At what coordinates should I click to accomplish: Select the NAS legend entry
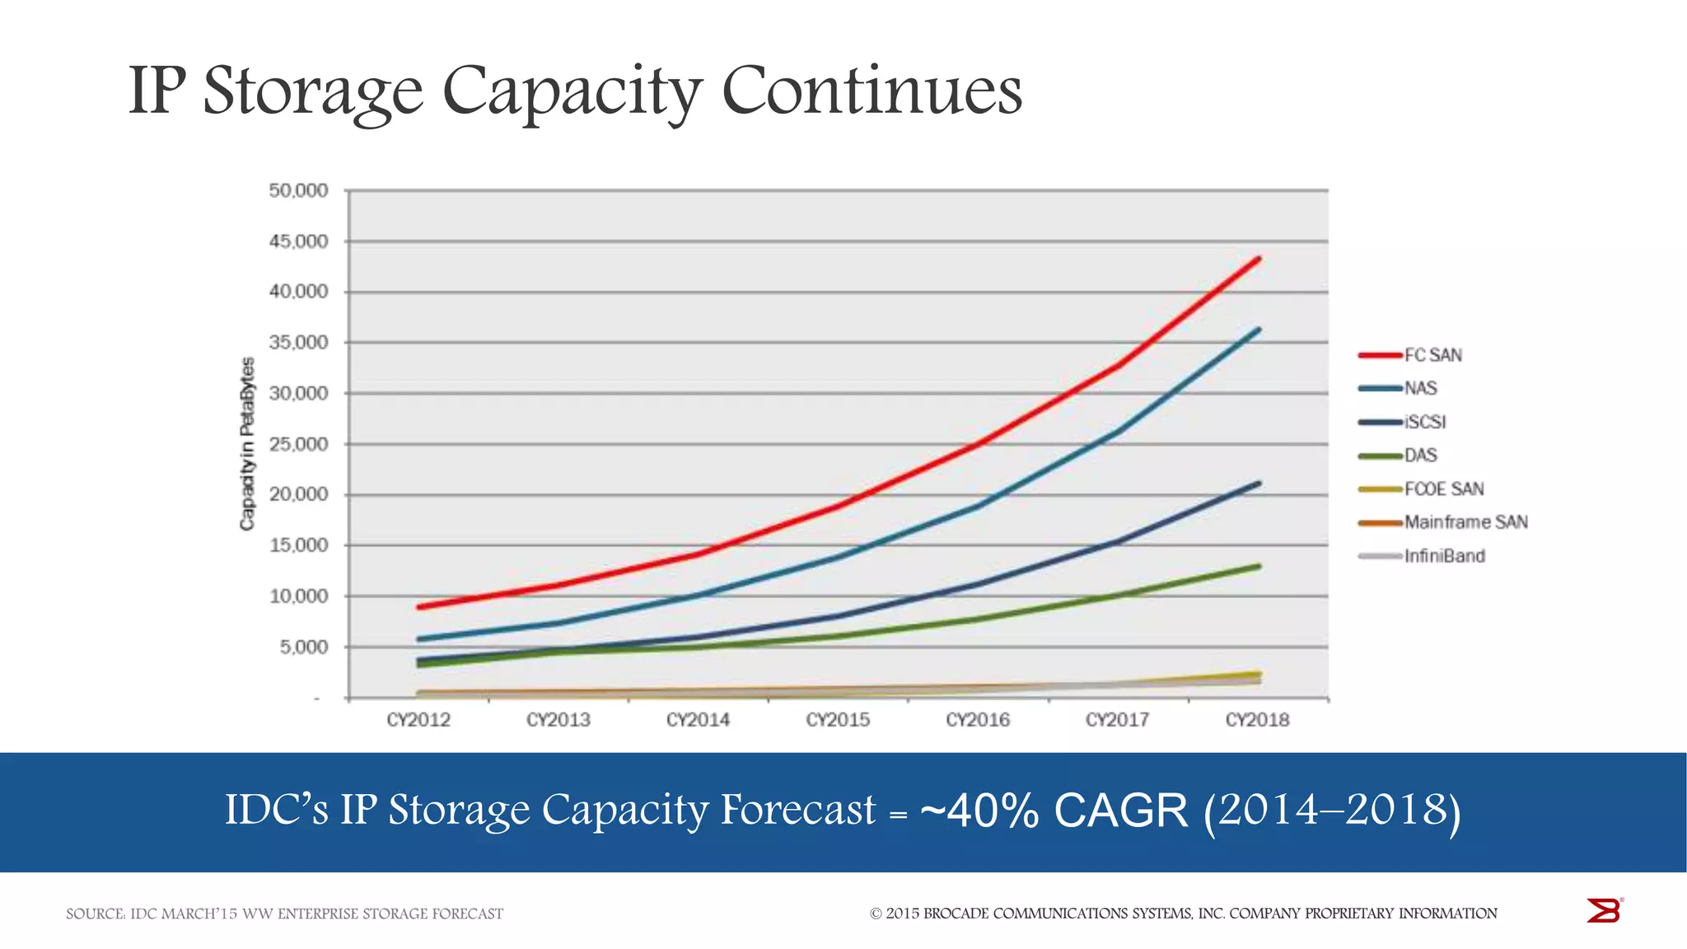[x=1420, y=388]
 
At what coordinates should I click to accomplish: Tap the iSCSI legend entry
[x=1424, y=422]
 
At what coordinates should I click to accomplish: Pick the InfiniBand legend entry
[x=1444, y=556]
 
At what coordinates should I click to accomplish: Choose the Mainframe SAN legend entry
[x=1465, y=522]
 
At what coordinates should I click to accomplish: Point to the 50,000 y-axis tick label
[x=298, y=191]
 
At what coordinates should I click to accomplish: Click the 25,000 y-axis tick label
[x=298, y=445]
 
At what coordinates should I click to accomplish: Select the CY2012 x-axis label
[x=418, y=720]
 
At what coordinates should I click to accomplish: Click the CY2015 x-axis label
[x=838, y=720]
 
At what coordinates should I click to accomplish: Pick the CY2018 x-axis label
[x=1257, y=720]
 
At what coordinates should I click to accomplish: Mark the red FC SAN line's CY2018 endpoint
[x=1258, y=259]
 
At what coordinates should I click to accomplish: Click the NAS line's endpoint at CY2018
[x=1258, y=330]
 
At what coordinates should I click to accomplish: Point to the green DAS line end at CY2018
[x=1258, y=566]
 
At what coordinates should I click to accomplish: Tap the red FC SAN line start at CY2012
[x=419, y=607]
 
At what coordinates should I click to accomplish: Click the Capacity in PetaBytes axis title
[x=247, y=444]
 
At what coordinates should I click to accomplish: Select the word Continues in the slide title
[x=872, y=91]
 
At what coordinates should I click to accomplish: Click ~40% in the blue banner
[x=979, y=811]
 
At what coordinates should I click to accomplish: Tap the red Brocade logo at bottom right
[x=1603, y=910]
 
